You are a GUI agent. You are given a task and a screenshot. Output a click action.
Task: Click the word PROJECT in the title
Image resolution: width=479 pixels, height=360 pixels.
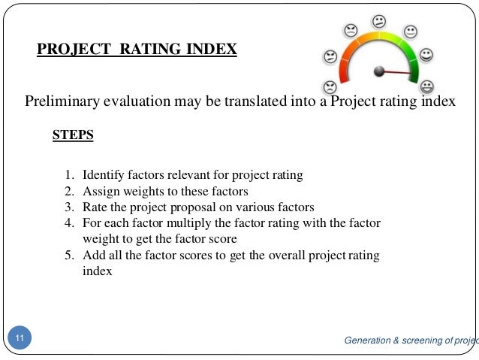[x=70, y=50]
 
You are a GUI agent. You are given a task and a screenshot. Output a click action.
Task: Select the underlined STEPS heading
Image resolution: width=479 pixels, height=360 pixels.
[x=73, y=136]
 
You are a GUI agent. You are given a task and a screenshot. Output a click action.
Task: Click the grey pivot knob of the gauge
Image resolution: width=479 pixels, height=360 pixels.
[x=379, y=71]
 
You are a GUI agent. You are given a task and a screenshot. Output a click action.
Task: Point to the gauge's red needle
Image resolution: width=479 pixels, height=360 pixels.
[x=399, y=74]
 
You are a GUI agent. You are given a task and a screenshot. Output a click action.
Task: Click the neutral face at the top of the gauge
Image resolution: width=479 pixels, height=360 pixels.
[x=380, y=20]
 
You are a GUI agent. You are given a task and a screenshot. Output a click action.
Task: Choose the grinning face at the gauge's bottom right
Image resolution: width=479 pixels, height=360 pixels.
[x=427, y=86]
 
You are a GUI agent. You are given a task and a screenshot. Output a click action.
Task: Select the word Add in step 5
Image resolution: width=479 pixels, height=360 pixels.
[x=92, y=256]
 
